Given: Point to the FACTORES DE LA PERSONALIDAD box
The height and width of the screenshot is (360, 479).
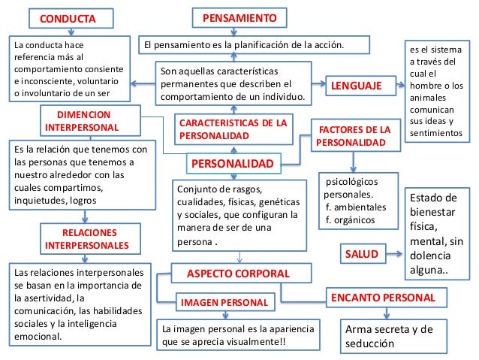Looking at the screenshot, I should pyautogui.click(x=354, y=135).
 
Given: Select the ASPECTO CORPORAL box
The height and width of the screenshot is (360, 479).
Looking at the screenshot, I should pyautogui.click(x=237, y=272).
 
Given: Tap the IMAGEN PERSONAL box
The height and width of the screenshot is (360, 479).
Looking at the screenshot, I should pyautogui.click(x=224, y=303).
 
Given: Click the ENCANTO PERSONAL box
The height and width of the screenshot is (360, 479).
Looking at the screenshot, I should pyautogui.click(x=384, y=298).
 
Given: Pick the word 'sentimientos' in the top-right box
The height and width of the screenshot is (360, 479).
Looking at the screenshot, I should pyautogui.click(x=435, y=133).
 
